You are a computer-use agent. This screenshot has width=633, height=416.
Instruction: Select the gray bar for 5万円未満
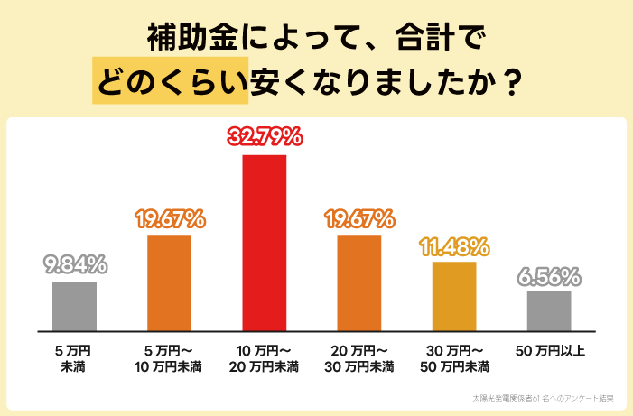74,306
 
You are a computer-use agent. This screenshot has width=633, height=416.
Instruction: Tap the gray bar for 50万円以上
549,310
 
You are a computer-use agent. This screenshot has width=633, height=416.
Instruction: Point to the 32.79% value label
264,138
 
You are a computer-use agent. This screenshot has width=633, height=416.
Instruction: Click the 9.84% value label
75,265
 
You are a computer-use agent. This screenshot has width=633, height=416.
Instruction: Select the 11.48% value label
454,245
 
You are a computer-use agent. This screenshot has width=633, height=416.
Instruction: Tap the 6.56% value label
549,275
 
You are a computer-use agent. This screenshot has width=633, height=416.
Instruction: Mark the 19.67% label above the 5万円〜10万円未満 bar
169,218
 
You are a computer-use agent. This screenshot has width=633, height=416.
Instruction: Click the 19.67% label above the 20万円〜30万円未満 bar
359,218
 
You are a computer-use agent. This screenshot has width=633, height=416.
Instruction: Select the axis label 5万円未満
74,358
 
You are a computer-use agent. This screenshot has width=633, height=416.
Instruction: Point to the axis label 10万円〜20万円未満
264,358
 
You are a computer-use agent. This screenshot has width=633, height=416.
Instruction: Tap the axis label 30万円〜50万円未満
454,358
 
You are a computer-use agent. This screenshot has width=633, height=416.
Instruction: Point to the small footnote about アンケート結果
543,397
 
